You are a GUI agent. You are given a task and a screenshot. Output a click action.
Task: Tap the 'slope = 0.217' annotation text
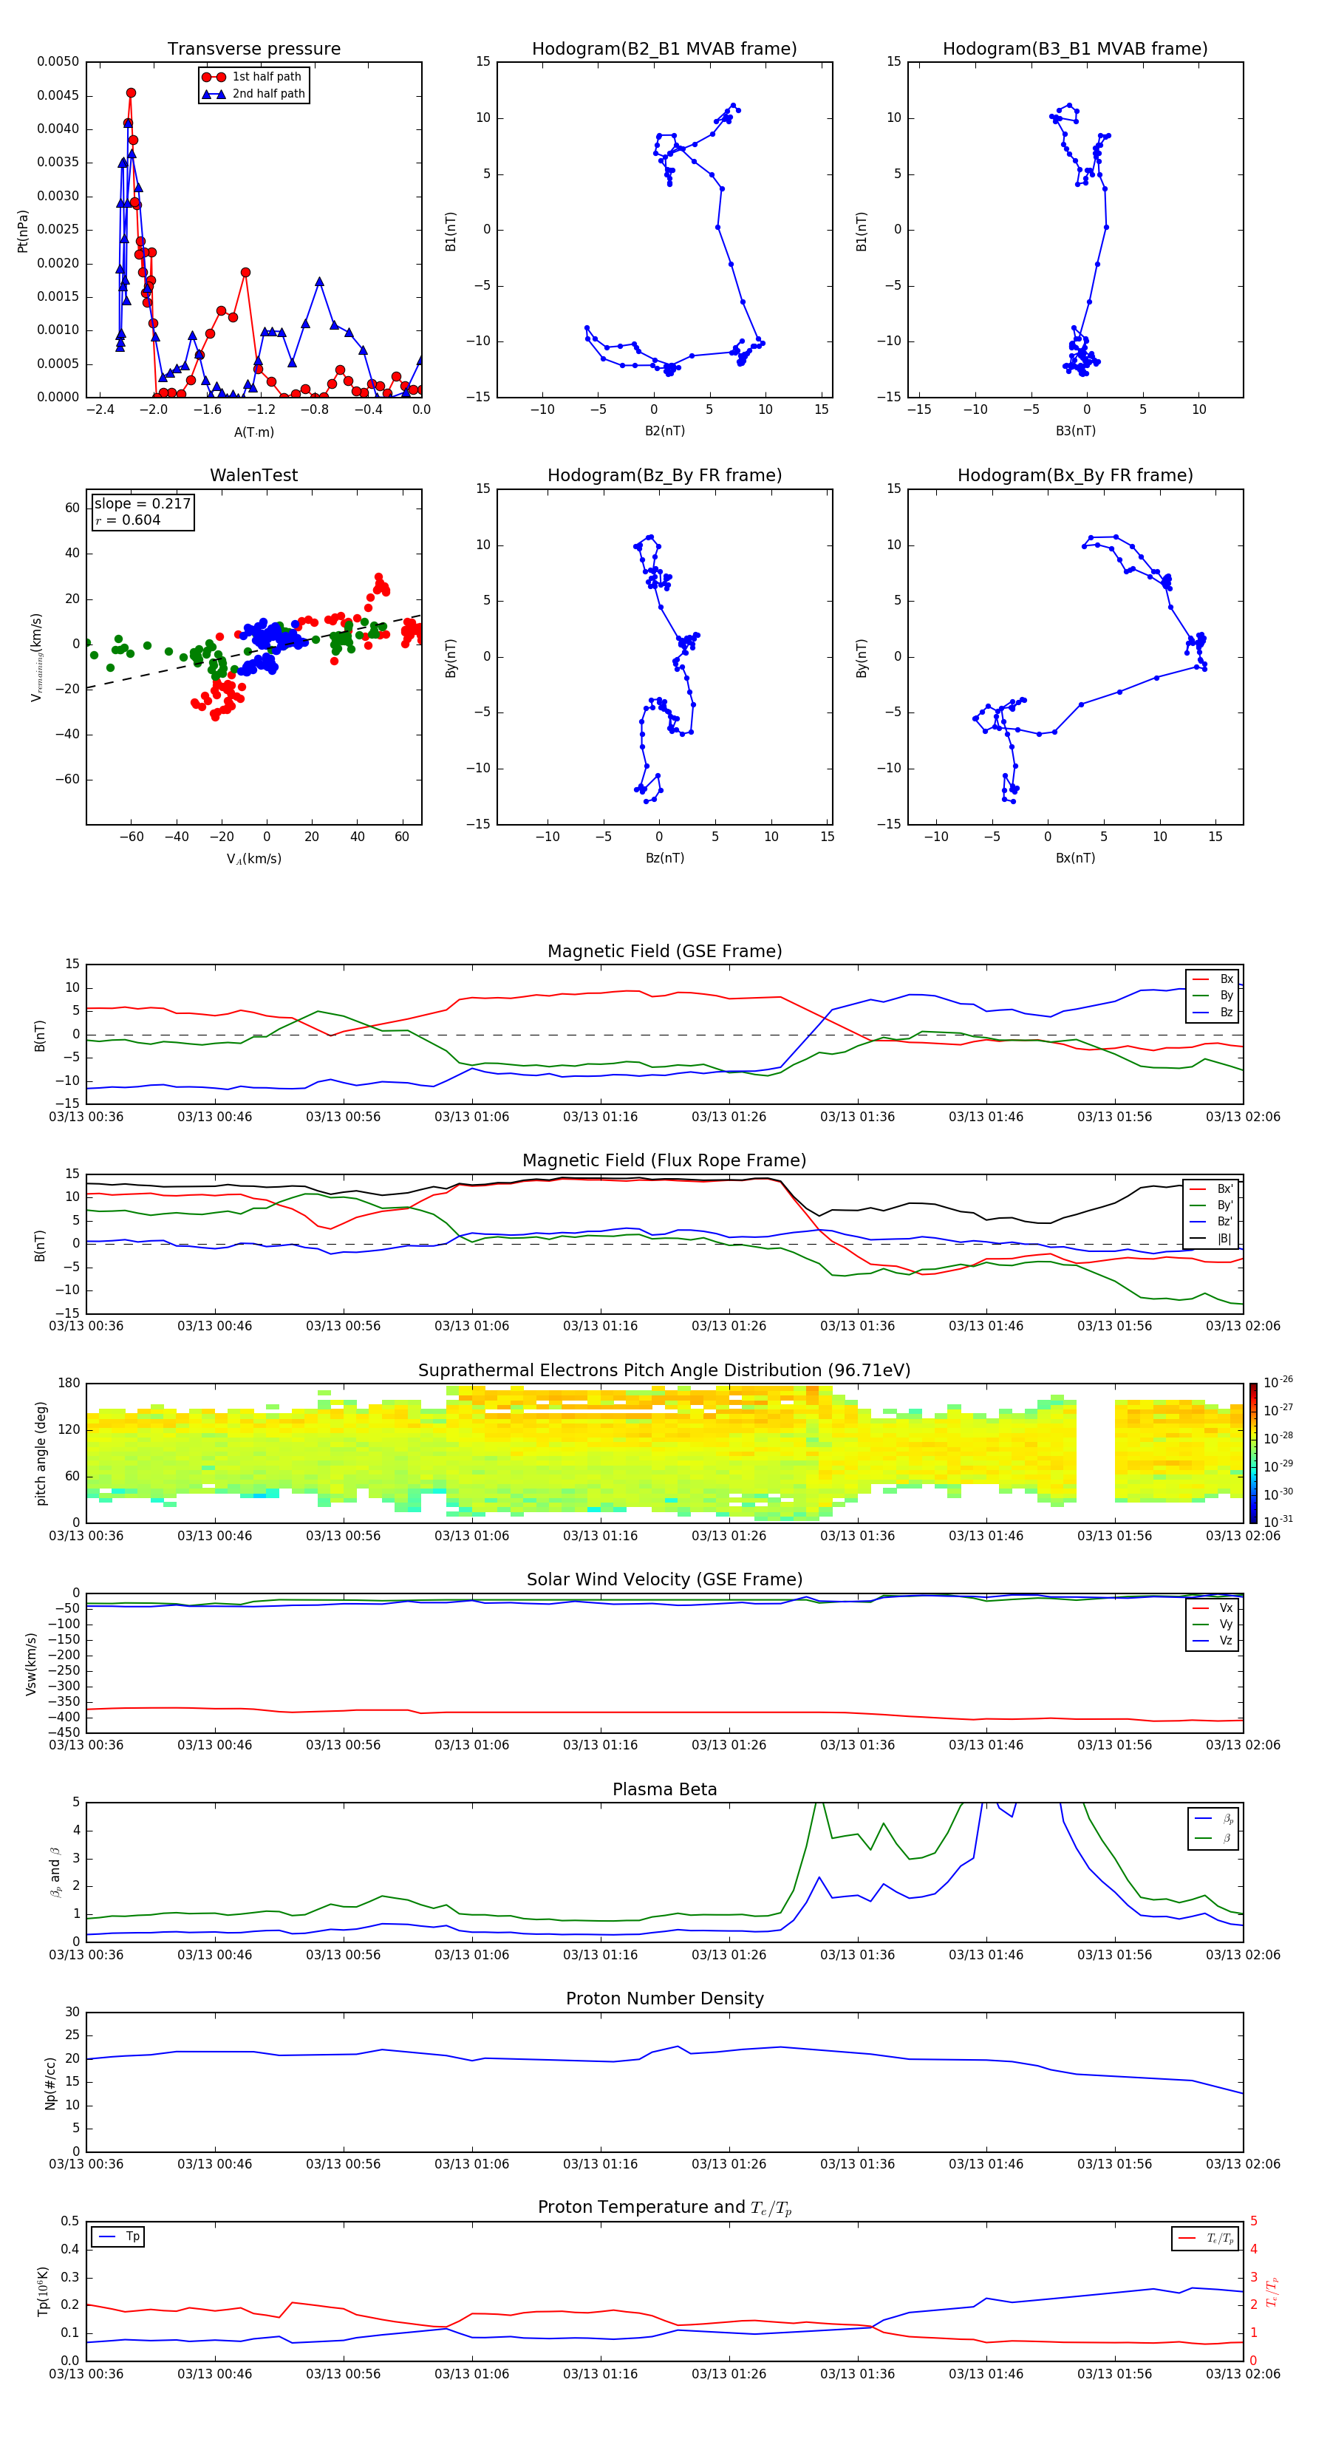142,504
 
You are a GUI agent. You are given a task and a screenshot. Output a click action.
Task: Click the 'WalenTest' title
253,475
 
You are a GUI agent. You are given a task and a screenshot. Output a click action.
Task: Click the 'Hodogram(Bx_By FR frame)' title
1074,475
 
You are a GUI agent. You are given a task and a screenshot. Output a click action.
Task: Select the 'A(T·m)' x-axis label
253,432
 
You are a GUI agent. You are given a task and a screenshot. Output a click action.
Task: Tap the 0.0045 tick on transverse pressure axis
58,95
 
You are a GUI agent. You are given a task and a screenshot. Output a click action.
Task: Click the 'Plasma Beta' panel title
664,1789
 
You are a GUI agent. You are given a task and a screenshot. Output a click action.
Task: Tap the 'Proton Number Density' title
664,1999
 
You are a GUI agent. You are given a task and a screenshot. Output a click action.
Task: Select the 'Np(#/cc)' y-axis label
50,2082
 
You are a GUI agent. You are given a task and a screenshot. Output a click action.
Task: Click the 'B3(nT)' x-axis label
1074,431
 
